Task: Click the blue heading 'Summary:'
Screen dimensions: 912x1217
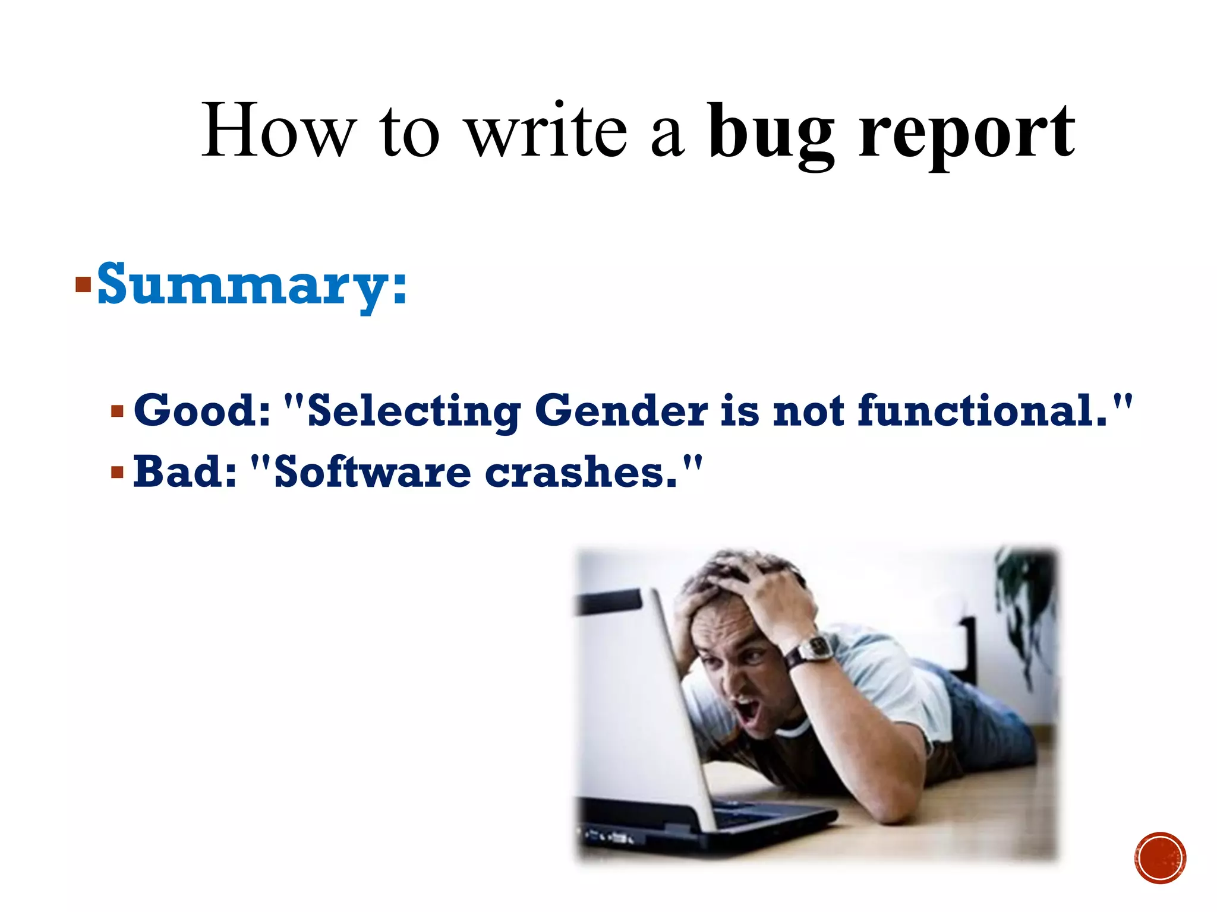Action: coord(252,285)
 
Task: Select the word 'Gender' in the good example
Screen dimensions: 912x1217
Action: coord(621,411)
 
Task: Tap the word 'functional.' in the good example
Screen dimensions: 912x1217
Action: coord(983,411)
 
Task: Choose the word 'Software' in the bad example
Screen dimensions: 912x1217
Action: coord(373,473)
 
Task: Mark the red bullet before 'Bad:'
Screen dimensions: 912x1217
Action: coord(117,473)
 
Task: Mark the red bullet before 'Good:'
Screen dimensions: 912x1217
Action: coord(117,411)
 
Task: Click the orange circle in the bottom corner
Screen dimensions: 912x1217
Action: coord(1160,858)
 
